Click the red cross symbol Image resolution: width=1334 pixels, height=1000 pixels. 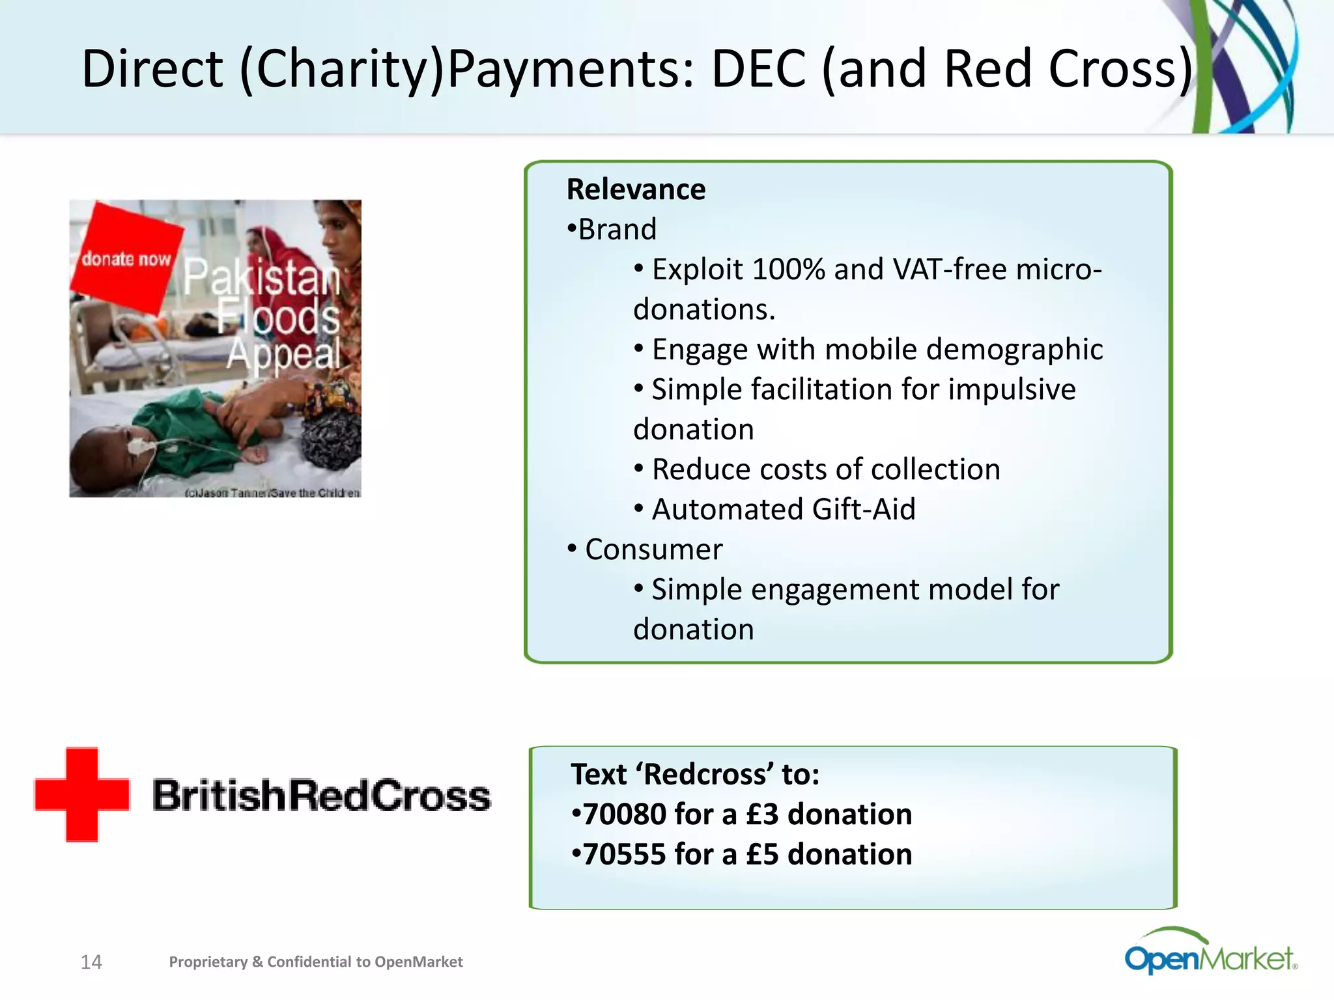coord(82,794)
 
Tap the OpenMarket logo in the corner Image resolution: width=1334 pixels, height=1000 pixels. coord(1210,954)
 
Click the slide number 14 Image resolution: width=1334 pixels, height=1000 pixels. coord(91,962)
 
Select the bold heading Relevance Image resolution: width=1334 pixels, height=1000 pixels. coord(636,189)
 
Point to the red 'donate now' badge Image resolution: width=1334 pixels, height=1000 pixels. coord(126,257)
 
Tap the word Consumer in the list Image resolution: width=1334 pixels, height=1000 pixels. coord(653,549)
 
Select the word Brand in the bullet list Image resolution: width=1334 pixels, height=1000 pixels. coord(617,230)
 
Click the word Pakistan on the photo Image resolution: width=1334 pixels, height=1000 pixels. coord(261,277)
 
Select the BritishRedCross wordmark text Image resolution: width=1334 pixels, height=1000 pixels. coord(321,796)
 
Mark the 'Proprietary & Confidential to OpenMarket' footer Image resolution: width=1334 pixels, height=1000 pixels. coord(316,962)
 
